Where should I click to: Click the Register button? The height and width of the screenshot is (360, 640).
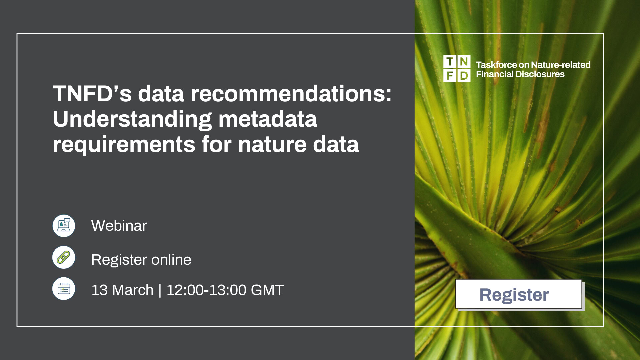click(x=518, y=294)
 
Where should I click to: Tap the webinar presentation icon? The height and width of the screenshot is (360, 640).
click(x=64, y=226)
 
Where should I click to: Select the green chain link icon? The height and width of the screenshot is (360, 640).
click(x=64, y=257)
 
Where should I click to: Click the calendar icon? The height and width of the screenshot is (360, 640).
click(x=64, y=289)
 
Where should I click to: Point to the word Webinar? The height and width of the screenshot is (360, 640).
click(x=119, y=226)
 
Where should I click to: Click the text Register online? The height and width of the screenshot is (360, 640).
click(x=141, y=260)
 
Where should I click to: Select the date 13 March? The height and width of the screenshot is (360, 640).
click(x=122, y=290)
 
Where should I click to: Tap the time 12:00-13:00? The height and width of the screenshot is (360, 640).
click(x=206, y=290)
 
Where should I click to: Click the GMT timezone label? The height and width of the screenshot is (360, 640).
click(x=267, y=290)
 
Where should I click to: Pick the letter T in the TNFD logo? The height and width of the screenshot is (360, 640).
click(x=450, y=62)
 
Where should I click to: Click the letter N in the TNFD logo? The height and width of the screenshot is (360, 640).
click(x=464, y=62)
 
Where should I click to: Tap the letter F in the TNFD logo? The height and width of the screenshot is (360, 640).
click(x=450, y=76)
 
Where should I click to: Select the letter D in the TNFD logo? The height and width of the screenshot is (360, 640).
click(x=464, y=76)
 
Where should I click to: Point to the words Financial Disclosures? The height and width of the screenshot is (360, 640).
click(x=520, y=74)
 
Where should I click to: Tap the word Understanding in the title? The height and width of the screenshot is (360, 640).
click(x=132, y=119)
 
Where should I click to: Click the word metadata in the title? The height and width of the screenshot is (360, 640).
click(x=268, y=119)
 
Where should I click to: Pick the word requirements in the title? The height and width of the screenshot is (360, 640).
click(x=124, y=144)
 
